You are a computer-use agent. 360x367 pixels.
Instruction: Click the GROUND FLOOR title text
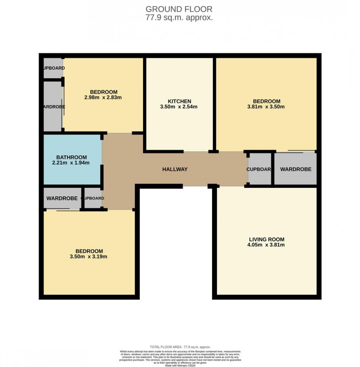click(179, 9)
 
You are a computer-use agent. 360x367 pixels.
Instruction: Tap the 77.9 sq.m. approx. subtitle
click(179, 17)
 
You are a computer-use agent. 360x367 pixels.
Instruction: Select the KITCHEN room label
click(179, 101)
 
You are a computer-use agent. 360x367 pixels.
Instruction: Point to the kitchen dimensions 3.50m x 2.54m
click(179, 107)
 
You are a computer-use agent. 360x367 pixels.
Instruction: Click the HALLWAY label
click(175, 169)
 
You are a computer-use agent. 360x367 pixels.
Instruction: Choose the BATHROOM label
click(72, 157)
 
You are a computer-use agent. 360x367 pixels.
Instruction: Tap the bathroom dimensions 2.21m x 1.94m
click(72, 163)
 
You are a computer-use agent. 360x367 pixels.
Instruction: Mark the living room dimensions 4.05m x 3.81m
click(266, 245)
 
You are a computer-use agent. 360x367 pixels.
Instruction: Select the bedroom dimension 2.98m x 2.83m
click(103, 98)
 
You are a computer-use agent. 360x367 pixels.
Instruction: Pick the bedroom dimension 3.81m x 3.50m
click(266, 107)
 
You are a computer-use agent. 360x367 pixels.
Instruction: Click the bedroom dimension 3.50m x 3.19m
click(88, 257)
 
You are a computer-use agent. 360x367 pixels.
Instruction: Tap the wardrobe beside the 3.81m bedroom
click(296, 169)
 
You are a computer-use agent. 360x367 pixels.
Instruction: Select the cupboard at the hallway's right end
click(259, 169)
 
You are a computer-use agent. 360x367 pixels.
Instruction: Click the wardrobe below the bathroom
click(62, 198)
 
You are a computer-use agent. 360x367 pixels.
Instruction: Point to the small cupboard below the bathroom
click(93, 198)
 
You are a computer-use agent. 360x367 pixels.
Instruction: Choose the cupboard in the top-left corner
click(53, 68)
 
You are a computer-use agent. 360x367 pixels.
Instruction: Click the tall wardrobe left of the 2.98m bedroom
click(53, 107)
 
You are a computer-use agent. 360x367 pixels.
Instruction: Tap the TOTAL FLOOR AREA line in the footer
click(180, 347)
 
